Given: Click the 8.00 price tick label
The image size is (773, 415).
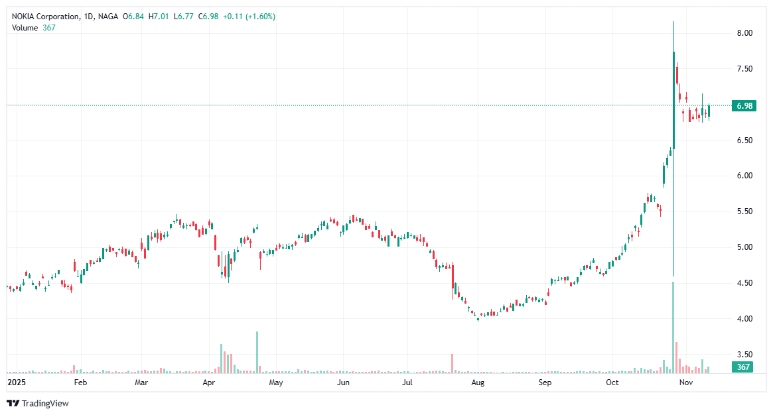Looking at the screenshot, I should [x=744, y=33].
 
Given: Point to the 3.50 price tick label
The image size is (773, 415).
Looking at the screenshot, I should [x=744, y=355].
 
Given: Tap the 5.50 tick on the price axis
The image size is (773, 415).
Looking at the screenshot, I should [x=744, y=211].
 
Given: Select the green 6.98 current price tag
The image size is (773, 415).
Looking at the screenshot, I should [x=742, y=106].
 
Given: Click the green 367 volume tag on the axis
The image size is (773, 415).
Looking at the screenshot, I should [x=742, y=367].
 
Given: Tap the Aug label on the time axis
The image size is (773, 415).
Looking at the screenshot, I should [x=477, y=383].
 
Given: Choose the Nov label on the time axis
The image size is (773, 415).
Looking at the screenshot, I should [x=686, y=383].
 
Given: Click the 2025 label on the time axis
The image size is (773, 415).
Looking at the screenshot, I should [x=15, y=383].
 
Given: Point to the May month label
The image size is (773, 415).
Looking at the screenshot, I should [x=275, y=383].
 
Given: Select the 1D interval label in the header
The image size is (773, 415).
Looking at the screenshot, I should [x=89, y=17].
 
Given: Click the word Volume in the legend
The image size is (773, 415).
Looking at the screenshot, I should [x=25, y=27].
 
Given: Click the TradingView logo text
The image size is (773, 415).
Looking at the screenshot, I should [x=44, y=403].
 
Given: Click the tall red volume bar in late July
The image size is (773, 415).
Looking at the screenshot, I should [x=452, y=363].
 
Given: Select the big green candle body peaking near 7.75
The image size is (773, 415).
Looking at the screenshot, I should [x=673, y=99].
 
